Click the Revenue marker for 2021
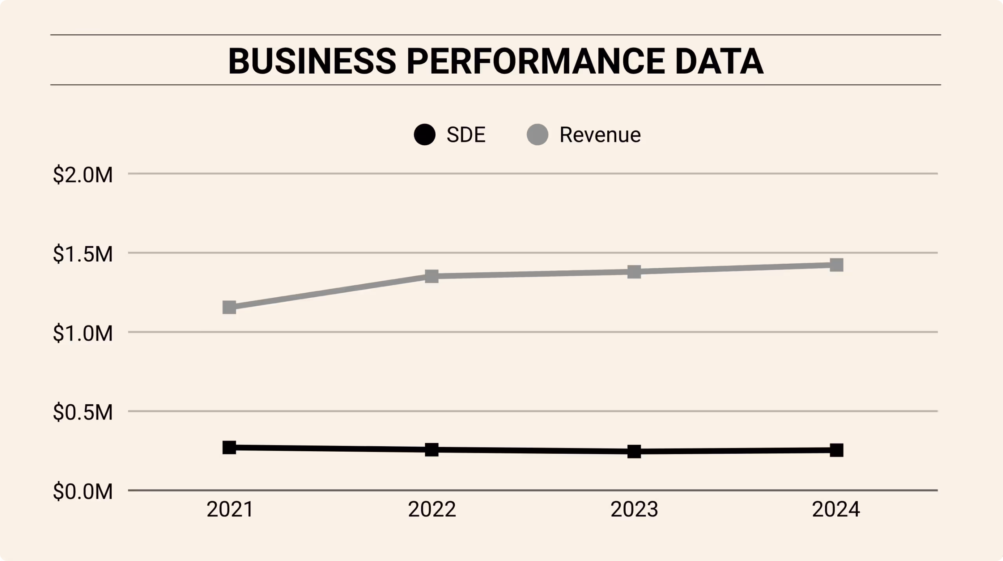point(229,308)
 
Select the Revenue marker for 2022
point(431,276)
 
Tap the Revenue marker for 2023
point(634,271)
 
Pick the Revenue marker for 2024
point(836,265)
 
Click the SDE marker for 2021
point(229,447)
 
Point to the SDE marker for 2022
point(431,450)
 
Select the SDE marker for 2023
point(634,451)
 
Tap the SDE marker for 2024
point(836,450)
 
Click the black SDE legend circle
point(425,135)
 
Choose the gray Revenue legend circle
point(537,135)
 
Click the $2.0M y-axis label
point(83,175)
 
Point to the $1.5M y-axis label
point(83,254)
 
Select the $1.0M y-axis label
point(83,333)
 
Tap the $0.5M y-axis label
point(83,412)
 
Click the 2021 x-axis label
point(230,509)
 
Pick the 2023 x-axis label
point(634,509)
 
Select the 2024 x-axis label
point(836,509)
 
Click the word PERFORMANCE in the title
point(536,61)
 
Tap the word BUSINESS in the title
point(312,61)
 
